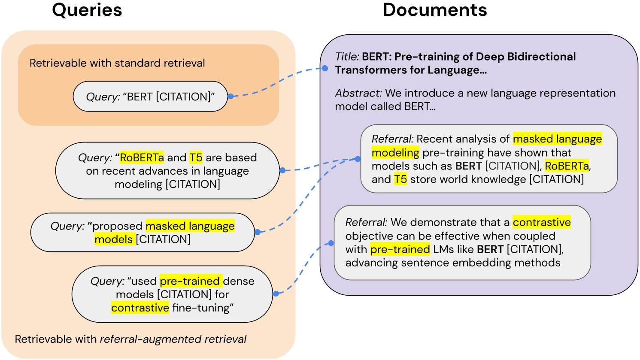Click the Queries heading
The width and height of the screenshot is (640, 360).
pyautogui.click(x=87, y=10)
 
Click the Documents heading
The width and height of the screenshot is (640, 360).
pyautogui.click(x=435, y=10)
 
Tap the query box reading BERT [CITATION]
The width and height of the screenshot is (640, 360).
pyautogui.click(x=150, y=97)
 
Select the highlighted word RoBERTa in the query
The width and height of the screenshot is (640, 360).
pyautogui.click(x=142, y=157)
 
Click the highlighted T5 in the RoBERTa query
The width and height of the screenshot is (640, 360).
pyautogui.click(x=196, y=157)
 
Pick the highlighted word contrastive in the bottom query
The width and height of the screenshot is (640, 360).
pyautogui.click(x=140, y=308)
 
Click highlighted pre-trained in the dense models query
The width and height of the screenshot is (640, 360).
pyautogui.click(x=191, y=281)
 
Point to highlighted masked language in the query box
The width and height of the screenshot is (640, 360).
pyautogui.click(x=190, y=226)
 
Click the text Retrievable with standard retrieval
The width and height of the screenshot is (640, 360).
pyautogui.click(x=117, y=63)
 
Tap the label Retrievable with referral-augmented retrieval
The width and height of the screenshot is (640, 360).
pyautogui.click(x=130, y=339)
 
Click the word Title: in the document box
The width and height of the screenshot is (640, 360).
pyautogui.click(x=347, y=57)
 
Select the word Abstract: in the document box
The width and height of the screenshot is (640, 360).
pyautogui.click(x=358, y=93)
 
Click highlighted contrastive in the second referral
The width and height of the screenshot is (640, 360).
pyautogui.click(x=542, y=222)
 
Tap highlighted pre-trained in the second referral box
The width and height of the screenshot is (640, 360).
pyautogui.click(x=400, y=249)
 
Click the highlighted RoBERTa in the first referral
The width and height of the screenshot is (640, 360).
pyautogui.click(x=567, y=166)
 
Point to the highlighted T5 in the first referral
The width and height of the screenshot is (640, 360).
pyautogui.click(x=400, y=179)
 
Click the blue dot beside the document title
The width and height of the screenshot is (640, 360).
pyautogui.click(x=325, y=69)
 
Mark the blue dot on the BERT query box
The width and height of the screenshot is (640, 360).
pyautogui.click(x=231, y=97)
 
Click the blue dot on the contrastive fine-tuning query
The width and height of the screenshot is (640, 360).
pyautogui.click(x=276, y=294)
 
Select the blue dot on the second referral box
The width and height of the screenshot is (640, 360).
pyautogui.click(x=331, y=243)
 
